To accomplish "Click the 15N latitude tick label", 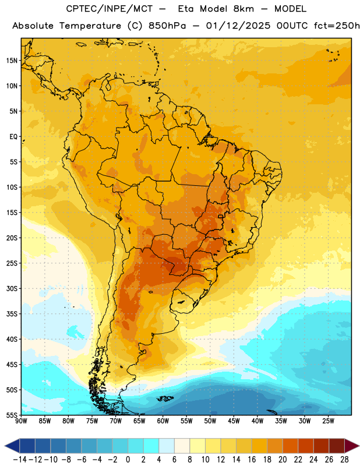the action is (12, 61).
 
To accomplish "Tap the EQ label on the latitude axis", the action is (13, 137).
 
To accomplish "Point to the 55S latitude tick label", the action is (12, 415).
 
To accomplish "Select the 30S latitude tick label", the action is (12, 288).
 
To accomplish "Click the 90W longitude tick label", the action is (21, 421).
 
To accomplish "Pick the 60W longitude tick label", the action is (163, 421).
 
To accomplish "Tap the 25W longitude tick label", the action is (328, 421).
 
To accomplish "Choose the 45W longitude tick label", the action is (234, 421).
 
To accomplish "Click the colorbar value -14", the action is (20, 460).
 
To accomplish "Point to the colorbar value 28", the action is (344, 460).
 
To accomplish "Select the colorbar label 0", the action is (128, 460).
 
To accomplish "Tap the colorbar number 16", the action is (252, 460).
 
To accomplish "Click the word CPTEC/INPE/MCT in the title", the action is (109, 9).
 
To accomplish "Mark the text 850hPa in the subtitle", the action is (167, 26).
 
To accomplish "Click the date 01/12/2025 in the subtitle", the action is (238, 26).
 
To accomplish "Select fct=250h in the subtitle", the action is (337, 26).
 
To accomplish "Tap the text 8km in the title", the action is (243, 9).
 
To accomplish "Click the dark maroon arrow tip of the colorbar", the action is (352, 446).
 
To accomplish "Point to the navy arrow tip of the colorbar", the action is (12, 446).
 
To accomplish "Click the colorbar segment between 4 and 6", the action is (167, 446).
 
